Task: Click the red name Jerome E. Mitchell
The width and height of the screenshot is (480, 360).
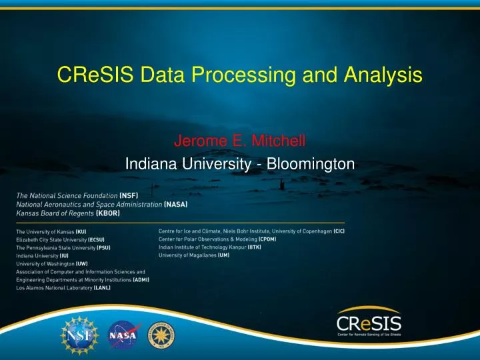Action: pos(239,141)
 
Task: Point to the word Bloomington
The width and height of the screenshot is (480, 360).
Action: pos(311,163)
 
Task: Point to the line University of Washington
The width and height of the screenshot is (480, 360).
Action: pos(52,264)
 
